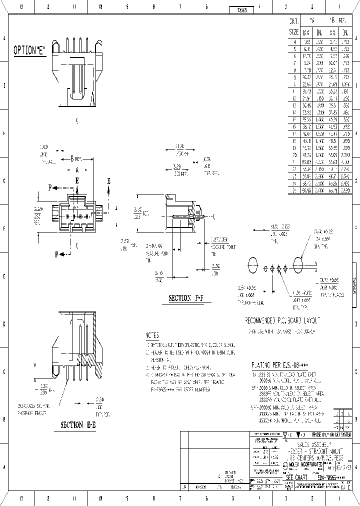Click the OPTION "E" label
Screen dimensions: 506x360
(x=29, y=50)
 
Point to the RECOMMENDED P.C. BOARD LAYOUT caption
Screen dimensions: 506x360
(x=282, y=320)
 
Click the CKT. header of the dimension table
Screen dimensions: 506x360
(x=294, y=21)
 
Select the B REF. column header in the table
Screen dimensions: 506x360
(x=339, y=21)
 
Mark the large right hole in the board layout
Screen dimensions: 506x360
(x=299, y=264)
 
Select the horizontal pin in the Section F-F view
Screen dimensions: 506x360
(x=182, y=216)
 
